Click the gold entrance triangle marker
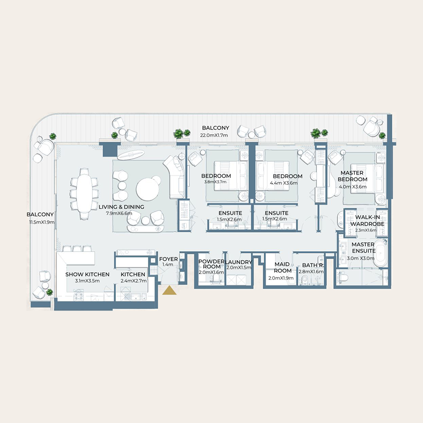click(x=169, y=290)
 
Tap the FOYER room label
click(x=169, y=259)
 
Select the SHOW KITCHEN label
click(x=87, y=274)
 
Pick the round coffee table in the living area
click(x=148, y=188)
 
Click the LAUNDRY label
click(x=238, y=262)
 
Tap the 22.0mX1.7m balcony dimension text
click(x=215, y=135)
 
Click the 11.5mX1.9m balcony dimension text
click(x=40, y=222)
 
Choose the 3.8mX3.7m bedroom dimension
click(x=216, y=182)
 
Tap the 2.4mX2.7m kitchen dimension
click(x=133, y=281)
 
